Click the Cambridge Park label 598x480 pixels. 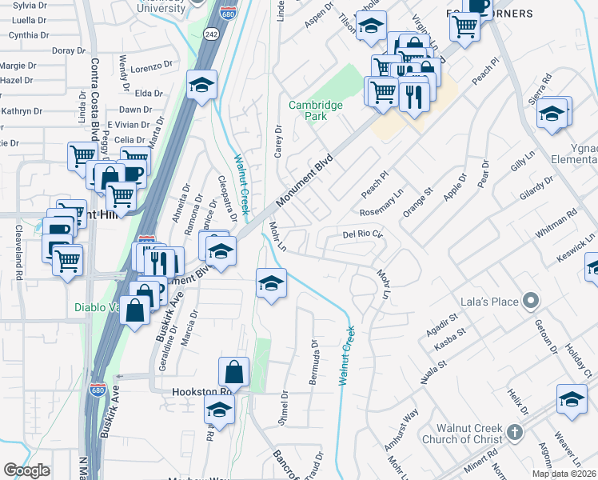[315, 110]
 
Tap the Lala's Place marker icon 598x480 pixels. [530, 302]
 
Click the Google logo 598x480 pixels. [27, 470]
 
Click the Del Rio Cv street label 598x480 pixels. [363, 235]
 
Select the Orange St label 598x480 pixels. [417, 202]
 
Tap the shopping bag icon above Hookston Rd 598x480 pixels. [233, 371]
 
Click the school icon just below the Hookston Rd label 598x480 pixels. [218, 410]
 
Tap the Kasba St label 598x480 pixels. [448, 343]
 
